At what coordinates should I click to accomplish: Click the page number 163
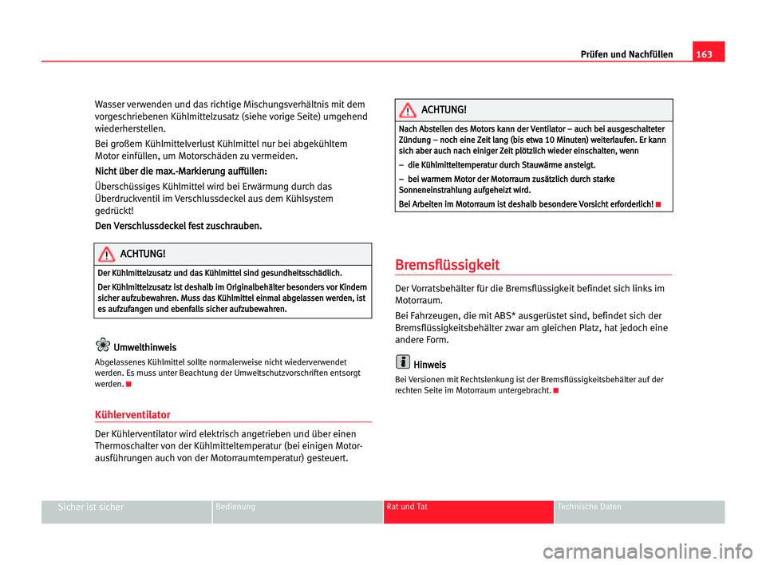(x=709, y=53)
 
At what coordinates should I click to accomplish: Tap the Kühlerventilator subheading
(x=132, y=415)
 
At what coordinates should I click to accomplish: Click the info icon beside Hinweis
(x=403, y=363)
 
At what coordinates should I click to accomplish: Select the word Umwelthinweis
(x=145, y=347)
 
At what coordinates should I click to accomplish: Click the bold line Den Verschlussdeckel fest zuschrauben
(x=178, y=226)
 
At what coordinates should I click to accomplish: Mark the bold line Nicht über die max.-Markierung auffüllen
(x=180, y=171)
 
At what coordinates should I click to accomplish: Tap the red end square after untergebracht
(x=553, y=390)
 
